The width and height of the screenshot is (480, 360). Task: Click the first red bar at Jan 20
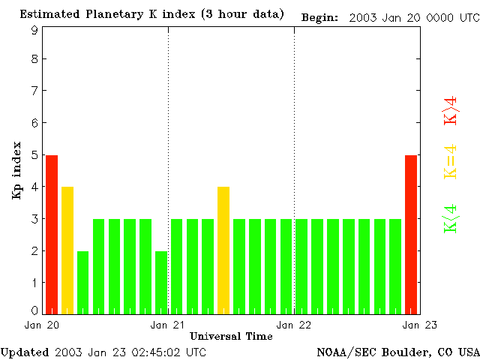pos(52,234)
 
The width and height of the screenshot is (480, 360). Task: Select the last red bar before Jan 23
pos(411,234)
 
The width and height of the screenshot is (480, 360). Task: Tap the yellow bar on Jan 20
pos(67,250)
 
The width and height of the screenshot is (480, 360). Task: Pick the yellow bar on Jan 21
pos(223,250)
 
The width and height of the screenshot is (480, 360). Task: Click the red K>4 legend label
pos(451,111)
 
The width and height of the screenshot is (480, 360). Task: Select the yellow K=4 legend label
pos(451,162)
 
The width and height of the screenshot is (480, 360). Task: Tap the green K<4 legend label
pos(451,219)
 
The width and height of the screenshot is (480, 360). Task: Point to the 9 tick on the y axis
pos(34,30)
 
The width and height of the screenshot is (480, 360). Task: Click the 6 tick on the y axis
pos(34,123)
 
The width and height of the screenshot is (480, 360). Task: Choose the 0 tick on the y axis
pos(34,310)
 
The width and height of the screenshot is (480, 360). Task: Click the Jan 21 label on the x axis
pos(168,325)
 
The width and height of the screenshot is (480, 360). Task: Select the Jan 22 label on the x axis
pos(294,325)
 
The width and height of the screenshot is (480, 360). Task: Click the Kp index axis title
pos(16,170)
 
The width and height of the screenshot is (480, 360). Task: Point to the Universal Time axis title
pos(231,337)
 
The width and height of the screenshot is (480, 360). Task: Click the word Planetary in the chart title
pos(112,14)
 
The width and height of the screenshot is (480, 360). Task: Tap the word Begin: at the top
pos(319,16)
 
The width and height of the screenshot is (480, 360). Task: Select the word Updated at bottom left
pos(25,352)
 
